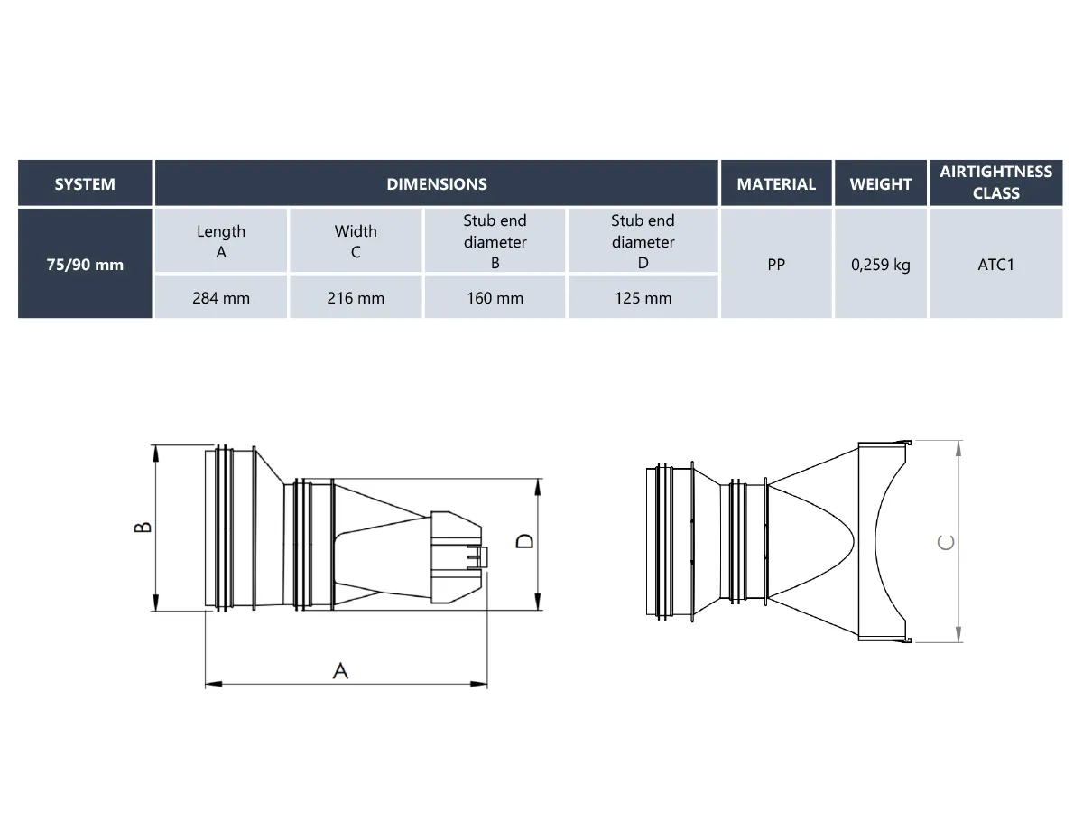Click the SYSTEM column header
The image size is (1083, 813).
[85, 183]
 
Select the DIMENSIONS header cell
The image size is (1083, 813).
[437, 183]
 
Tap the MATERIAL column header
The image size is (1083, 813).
[776, 183]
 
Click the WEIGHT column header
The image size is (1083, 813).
[881, 183]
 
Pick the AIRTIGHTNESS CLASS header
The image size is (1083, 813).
[995, 182]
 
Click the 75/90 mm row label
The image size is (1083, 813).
[85, 265]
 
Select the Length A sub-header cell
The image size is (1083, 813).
[221, 241]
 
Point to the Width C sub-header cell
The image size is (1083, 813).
[356, 241]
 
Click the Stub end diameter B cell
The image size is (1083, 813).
[495, 241]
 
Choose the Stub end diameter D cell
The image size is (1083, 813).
[643, 241]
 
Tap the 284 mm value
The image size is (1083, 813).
[221, 297]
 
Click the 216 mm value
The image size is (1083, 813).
[356, 297]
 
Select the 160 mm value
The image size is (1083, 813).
[495, 297]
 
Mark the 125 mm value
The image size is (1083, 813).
[643, 297]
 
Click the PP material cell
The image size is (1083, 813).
[776, 265]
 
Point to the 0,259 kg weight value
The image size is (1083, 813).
[881, 265]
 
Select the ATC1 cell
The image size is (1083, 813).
[995, 265]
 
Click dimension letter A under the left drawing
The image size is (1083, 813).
[340, 670]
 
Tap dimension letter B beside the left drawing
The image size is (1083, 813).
[143, 528]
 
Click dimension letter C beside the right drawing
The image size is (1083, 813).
[945, 542]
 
